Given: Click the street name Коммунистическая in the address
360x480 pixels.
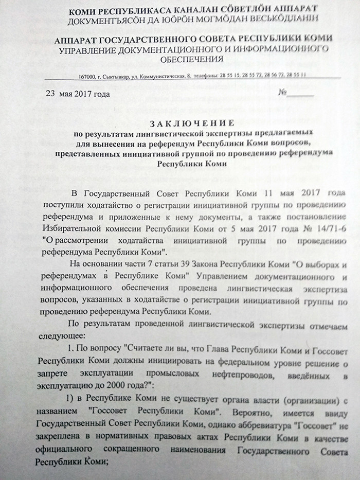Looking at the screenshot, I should pyautogui.click(x=160, y=76).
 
